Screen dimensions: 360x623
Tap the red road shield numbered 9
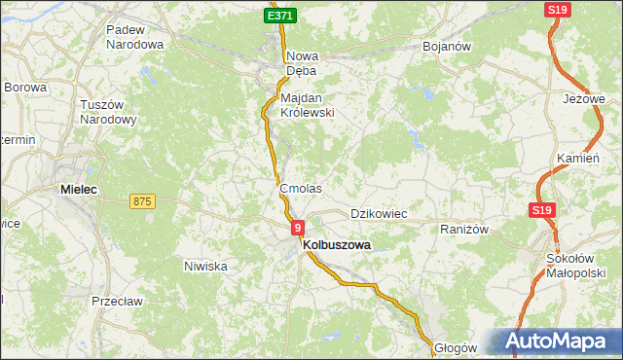pos(297,227)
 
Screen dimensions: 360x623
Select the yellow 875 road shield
pos(142,201)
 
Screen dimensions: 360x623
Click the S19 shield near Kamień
pos(541,210)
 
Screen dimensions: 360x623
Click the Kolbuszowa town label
pos(337,246)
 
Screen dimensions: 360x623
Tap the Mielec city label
pos(79,190)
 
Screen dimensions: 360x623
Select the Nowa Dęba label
pos(303,63)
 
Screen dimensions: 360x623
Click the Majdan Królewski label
pos(307,105)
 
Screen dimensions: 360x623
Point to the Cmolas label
pos(300,188)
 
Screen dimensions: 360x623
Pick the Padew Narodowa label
pos(134,37)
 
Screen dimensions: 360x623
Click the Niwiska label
pos(205,265)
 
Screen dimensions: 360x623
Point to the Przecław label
pos(118,302)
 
